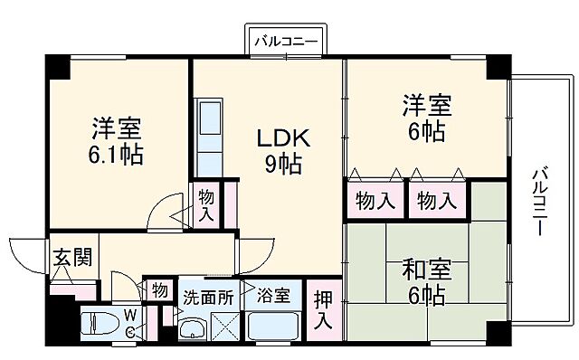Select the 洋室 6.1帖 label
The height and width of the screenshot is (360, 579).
click(x=114, y=140)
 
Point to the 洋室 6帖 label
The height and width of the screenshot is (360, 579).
click(x=423, y=118)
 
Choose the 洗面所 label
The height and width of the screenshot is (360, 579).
click(x=208, y=295)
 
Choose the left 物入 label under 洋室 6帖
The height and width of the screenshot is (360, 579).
click(x=375, y=200)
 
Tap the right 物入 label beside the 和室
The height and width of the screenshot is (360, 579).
click(x=437, y=200)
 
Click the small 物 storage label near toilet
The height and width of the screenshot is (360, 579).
click(x=159, y=291)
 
